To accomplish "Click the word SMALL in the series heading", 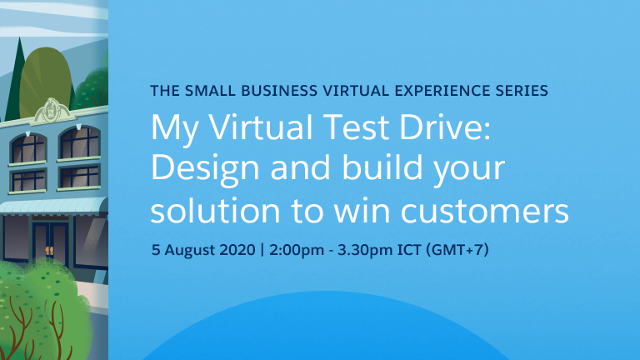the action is (210, 91).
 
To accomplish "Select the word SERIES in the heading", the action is (522, 91).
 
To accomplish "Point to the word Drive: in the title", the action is (445, 127).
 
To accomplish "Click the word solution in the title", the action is (216, 210).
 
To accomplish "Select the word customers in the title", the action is (485, 212).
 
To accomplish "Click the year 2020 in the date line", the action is (237, 250).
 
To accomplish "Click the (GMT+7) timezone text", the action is (457, 250).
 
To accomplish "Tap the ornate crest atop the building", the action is (52, 110).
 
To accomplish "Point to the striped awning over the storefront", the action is (53, 207).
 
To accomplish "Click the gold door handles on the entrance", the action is (49, 250).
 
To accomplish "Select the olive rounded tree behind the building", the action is (46, 80).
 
